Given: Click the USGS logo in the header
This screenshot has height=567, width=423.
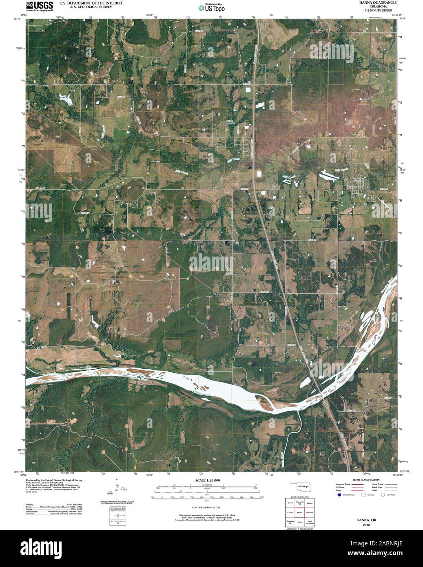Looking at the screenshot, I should (x=39, y=6).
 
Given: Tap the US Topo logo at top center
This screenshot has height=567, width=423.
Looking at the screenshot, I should (x=211, y=7).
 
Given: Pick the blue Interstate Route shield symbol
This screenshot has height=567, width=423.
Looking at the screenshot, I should (x=339, y=495).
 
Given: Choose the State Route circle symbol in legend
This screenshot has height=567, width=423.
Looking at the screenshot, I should (x=383, y=495).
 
